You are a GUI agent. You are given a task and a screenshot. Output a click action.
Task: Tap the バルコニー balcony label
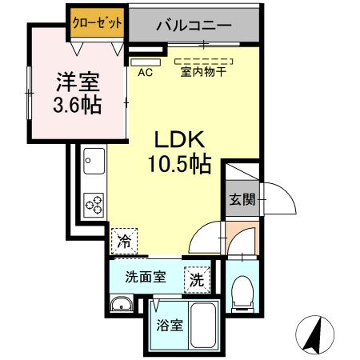point(194,26)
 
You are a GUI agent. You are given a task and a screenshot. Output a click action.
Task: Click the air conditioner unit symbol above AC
point(146,61)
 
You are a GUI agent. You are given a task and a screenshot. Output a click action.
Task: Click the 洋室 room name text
point(77,82)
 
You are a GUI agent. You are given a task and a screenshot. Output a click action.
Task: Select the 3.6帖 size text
point(77,105)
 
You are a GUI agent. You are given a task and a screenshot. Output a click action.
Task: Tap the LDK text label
point(179,138)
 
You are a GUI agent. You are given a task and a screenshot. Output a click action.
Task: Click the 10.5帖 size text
point(179,164)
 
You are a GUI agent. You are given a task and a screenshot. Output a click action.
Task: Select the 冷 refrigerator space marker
point(125,240)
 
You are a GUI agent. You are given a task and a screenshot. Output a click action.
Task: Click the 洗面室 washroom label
point(146,278)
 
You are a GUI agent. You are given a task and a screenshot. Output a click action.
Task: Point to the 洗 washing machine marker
point(195,280)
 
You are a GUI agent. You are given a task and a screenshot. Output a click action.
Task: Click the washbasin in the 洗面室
point(122,304)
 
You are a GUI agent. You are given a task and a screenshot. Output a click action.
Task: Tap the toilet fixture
point(240,294)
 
